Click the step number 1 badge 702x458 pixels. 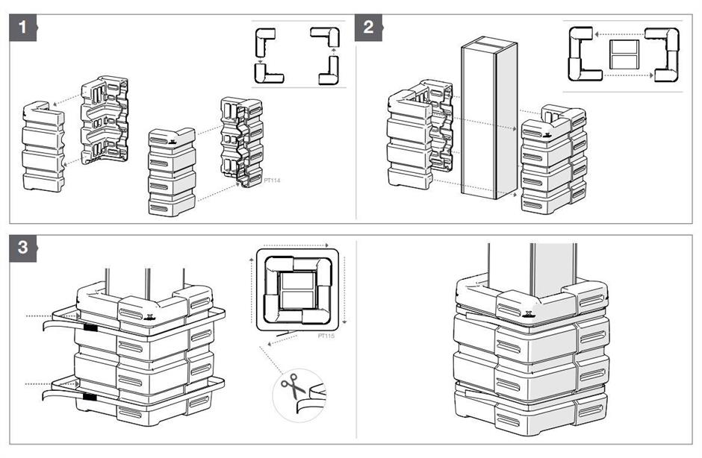pos(23,30)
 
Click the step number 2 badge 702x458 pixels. pos(368,30)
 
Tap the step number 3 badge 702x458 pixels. pos(23,248)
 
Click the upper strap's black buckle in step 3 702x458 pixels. pos(90,327)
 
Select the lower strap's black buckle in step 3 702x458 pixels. pos(90,398)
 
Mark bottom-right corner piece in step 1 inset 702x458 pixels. pos(327,74)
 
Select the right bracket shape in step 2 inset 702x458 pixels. pos(664,54)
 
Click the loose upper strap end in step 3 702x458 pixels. pos(56,325)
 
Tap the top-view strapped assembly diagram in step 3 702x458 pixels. pos(297,290)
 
